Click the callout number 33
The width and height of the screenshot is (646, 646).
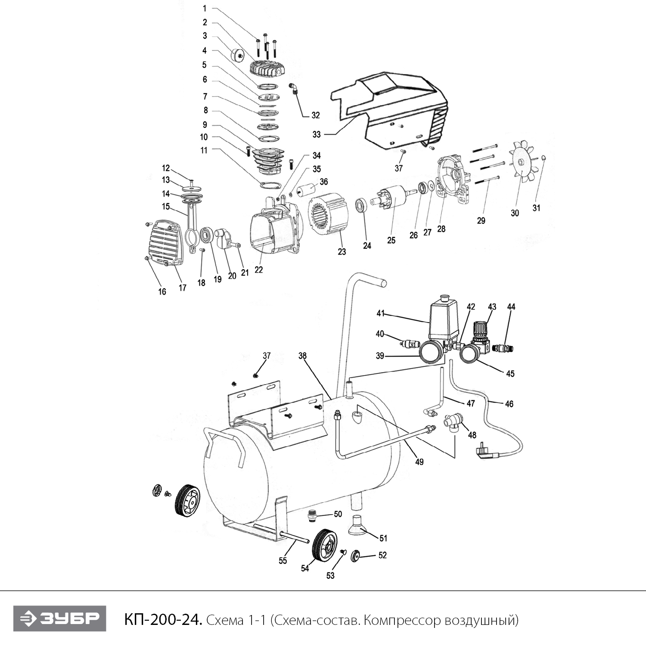click(x=317, y=134)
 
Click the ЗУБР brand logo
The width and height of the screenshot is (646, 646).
click(x=59, y=619)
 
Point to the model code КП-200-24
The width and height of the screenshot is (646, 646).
click(x=163, y=620)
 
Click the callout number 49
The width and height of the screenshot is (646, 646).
click(x=419, y=462)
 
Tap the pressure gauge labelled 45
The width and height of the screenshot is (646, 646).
click(x=471, y=354)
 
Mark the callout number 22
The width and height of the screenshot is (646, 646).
click(x=258, y=270)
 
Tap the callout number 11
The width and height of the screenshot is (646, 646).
click(x=204, y=150)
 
